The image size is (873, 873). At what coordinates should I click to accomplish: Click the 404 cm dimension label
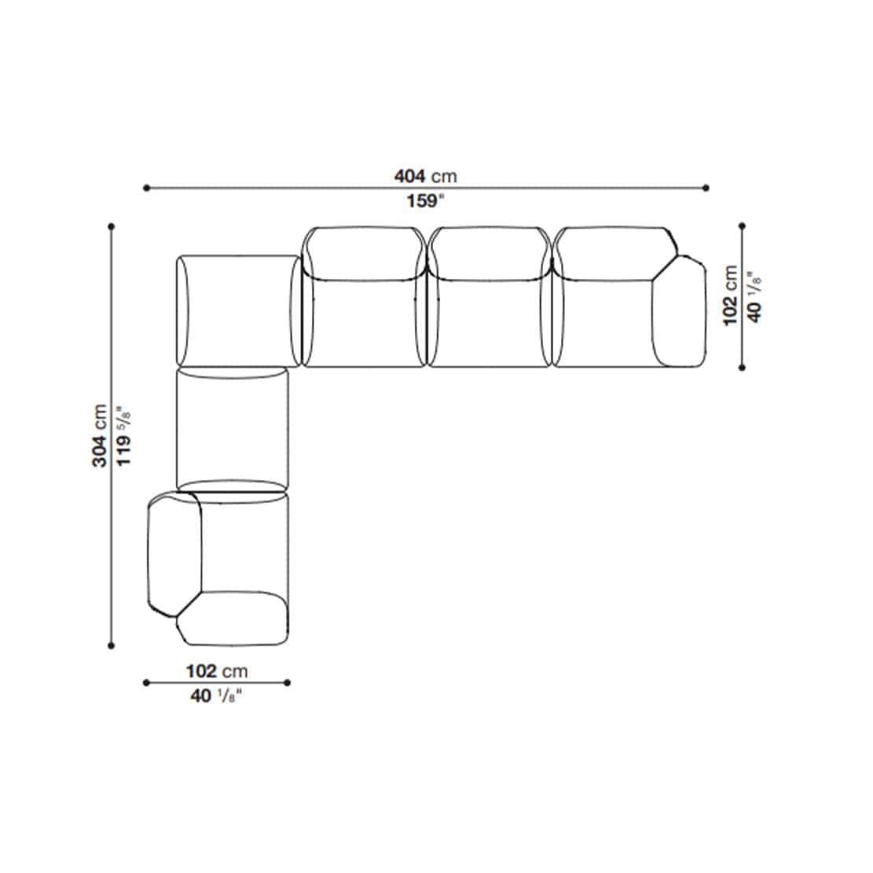426,176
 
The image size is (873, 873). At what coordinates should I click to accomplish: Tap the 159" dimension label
426,200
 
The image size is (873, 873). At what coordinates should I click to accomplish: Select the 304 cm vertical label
100,435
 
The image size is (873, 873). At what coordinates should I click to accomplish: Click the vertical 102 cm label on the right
730,295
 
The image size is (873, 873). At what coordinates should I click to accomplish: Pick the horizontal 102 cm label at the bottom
217,671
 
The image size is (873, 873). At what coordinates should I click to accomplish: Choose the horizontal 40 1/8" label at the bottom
217,695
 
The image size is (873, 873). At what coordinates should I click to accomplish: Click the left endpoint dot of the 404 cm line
146,188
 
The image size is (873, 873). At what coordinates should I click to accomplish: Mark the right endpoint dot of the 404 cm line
706,188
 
